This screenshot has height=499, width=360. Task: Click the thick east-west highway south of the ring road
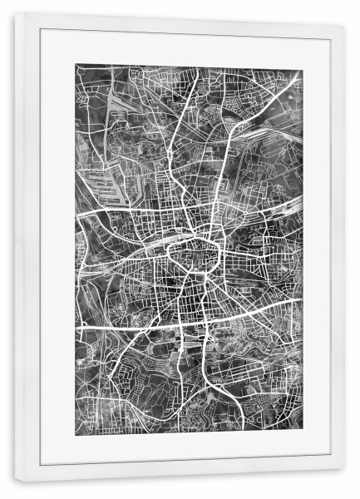pyautogui.click(x=133, y=327)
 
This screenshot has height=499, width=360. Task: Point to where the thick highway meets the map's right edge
pyautogui.click(x=302, y=298)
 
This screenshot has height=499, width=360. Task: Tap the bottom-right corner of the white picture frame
pyautogui.click(x=344, y=481)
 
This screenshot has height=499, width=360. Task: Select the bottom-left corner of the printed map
pyautogui.click(x=76, y=429)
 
